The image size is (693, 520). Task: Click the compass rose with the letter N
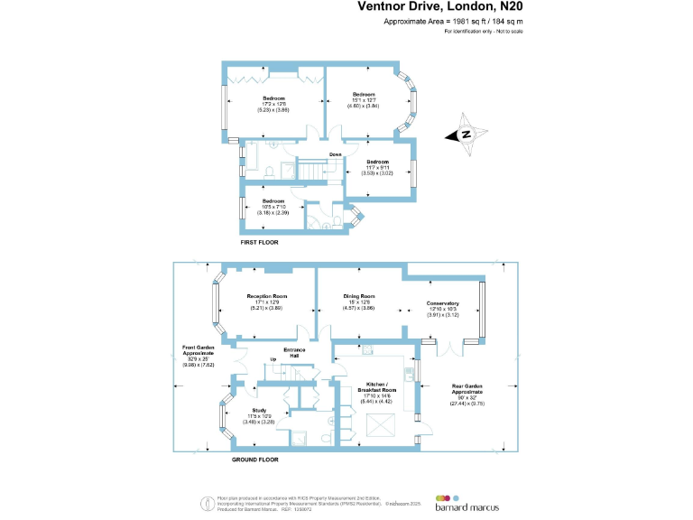pyautogui.click(x=467, y=135)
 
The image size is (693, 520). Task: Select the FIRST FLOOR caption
pyautogui.click(x=259, y=243)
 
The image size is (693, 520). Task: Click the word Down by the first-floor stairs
pyautogui.click(x=335, y=155)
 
